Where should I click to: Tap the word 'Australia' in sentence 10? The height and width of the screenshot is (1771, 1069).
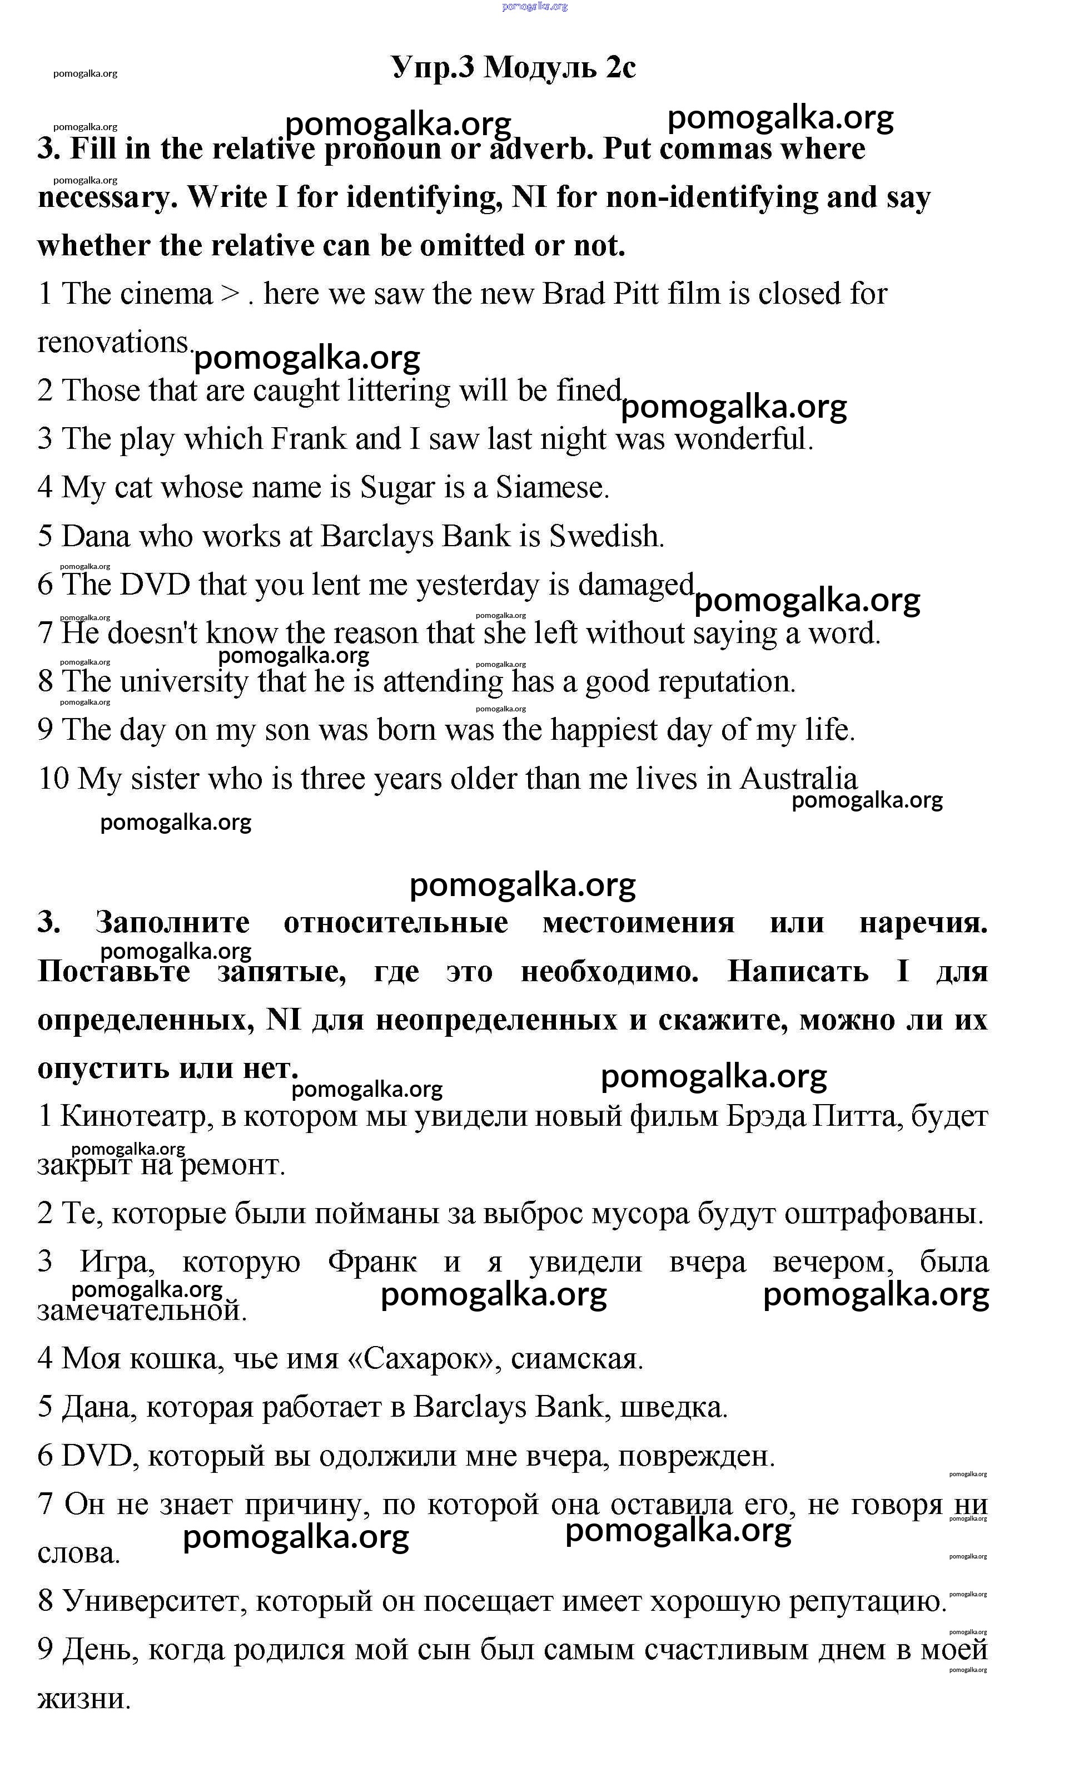pos(798,779)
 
